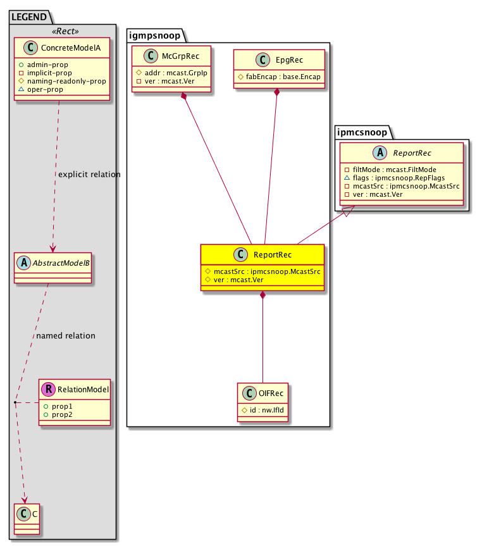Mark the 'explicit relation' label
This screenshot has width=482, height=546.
(89, 174)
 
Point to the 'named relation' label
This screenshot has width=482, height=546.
(66, 335)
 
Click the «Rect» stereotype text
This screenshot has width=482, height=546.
(62, 32)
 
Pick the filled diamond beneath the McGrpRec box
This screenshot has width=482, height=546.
(183, 96)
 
